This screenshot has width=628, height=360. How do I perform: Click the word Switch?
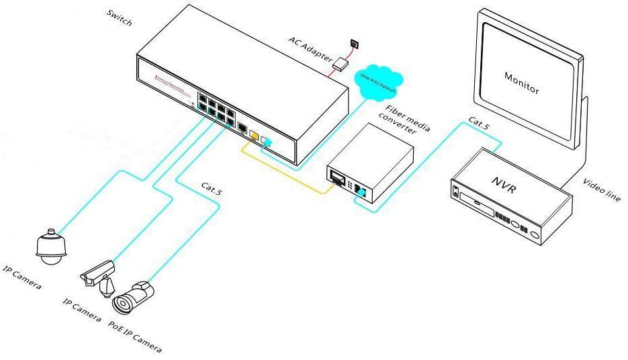click(x=120, y=18)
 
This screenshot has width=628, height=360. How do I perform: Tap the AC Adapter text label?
click(x=310, y=49)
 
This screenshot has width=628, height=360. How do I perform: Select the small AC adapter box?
click(x=342, y=64)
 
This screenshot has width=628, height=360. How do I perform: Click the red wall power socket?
click(x=355, y=44)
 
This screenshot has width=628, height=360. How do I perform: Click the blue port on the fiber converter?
click(x=361, y=193)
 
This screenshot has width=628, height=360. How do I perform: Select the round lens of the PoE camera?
click(x=123, y=304)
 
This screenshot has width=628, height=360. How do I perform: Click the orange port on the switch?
click(x=253, y=134)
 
